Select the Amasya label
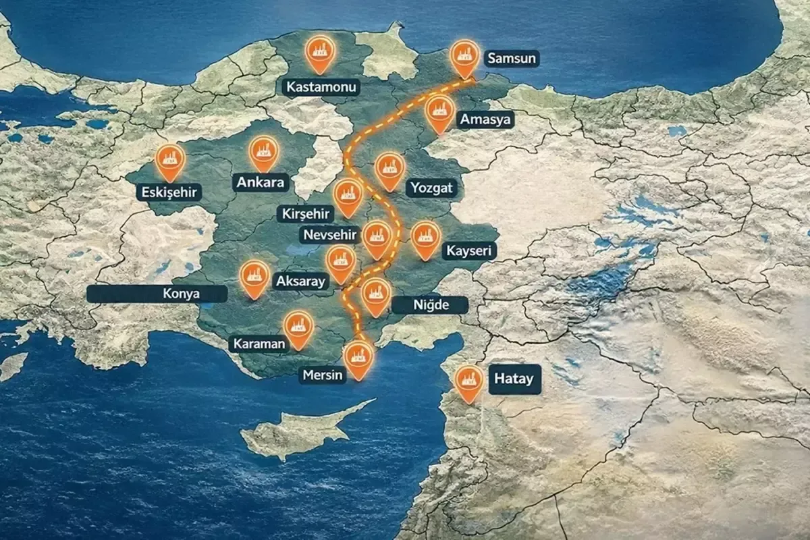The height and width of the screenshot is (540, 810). click(485, 120)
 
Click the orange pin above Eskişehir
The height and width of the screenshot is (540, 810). click(170, 161)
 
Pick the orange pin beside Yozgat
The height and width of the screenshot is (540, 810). click(389, 169)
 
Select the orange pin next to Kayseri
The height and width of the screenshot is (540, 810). click(425, 237)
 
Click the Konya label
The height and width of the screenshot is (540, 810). click(157, 294)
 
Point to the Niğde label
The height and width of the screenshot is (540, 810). click(431, 305)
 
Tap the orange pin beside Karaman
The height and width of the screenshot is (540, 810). click(298, 327)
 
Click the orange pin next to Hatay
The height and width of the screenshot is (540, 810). click(468, 381)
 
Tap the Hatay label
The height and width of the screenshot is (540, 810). click(514, 379)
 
